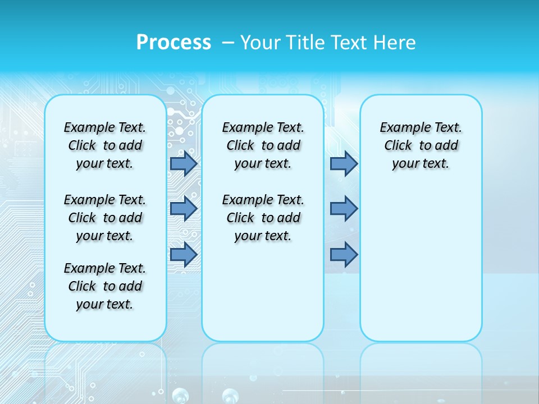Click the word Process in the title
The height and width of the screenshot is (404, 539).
click(x=173, y=43)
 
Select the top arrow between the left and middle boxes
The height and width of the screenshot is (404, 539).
click(x=184, y=163)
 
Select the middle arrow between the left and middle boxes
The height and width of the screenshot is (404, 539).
click(x=184, y=208)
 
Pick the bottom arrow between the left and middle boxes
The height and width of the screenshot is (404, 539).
click(x=184, y=254)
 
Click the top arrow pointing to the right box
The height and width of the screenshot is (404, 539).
click(x=344, y=163)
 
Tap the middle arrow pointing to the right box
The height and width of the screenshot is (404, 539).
click(x=344, y=208)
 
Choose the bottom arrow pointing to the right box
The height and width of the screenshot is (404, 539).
click(x=344, y=254)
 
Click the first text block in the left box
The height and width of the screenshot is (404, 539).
click(x=105, y=145)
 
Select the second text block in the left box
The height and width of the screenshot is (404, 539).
click(x=105, y=218)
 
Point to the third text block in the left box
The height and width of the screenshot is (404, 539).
click(x=105, y=286)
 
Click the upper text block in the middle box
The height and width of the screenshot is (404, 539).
click(x=263, y=145)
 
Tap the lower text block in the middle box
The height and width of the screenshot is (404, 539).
click(x=263, y=218)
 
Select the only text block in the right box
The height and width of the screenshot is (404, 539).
click(x=421, y=145)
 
